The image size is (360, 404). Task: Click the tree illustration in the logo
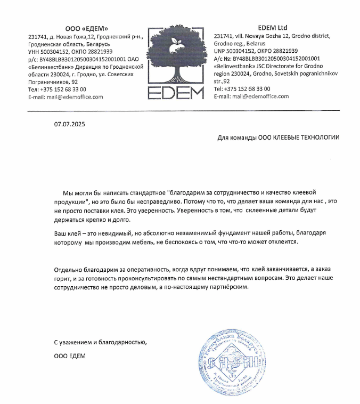point(175,51)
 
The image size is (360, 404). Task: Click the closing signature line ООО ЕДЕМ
point(70,355)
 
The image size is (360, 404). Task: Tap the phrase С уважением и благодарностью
point(100,342)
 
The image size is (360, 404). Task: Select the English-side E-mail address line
point(251,96)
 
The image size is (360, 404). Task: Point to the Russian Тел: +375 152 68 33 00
point(56,90)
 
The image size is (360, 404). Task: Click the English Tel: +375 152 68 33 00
point(242,89)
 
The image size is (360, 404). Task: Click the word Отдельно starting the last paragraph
point(69,270)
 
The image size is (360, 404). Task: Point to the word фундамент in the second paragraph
point(225,233)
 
